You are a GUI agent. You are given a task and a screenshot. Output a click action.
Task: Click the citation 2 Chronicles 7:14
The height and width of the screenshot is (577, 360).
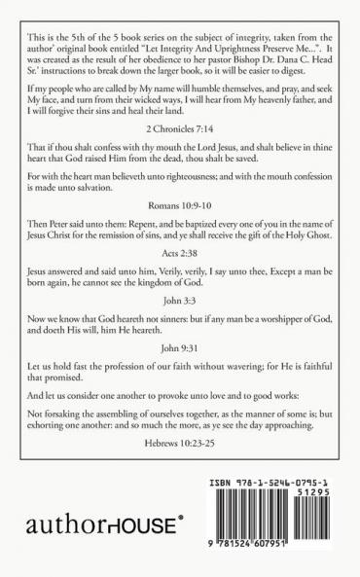coord(180,155)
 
